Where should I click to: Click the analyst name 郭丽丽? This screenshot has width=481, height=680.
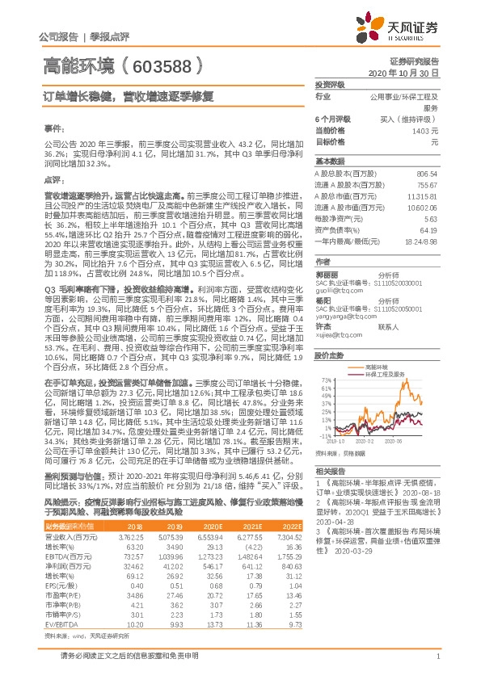(x=326, y=274)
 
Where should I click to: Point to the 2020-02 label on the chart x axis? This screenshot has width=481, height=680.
(x=366, y=441)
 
